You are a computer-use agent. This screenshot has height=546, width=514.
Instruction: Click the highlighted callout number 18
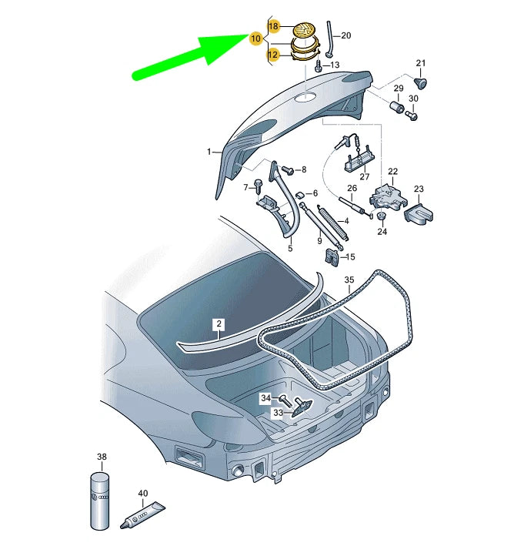273,26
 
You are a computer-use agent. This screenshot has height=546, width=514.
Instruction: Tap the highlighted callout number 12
273,55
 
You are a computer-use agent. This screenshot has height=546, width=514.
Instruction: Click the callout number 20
345,35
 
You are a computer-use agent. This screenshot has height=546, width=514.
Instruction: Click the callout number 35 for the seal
349,280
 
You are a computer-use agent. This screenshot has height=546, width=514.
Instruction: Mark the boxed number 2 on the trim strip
219,325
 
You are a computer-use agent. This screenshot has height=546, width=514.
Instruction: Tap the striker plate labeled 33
300,407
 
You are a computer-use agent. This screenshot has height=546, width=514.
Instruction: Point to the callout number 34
265,398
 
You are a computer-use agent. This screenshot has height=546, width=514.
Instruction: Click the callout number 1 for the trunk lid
208,152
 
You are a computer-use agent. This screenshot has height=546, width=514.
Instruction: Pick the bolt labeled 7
259,185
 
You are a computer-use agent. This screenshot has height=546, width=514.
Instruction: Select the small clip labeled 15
333,257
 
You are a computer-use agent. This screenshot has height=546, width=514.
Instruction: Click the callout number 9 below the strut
319,241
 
